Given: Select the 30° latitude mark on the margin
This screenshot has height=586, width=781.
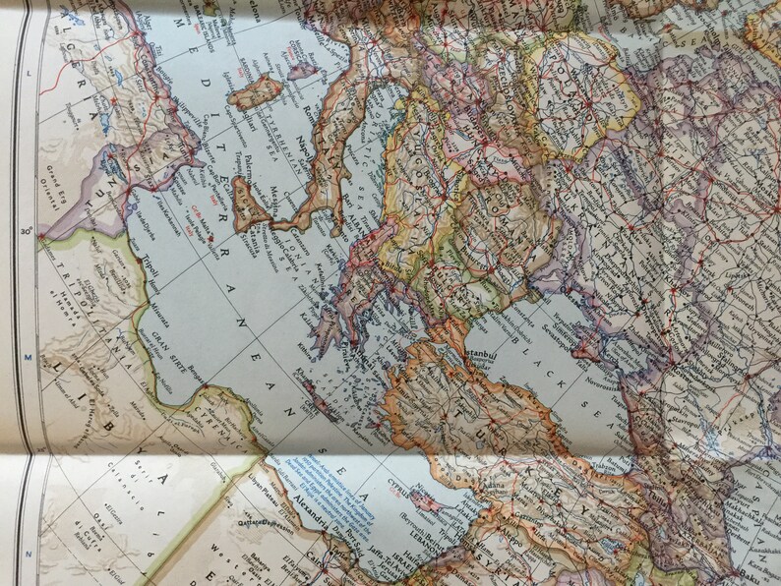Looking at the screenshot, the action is (28, 232).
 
